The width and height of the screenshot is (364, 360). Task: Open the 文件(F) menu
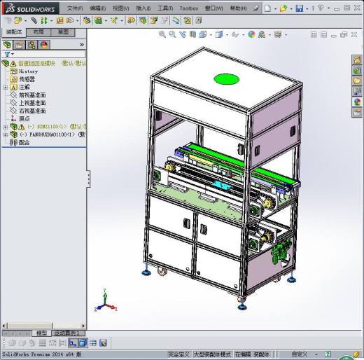[x=74, y=8]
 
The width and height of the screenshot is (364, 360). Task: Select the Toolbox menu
[x=188, y=8]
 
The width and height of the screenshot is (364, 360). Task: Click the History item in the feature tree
[x=28, y=71]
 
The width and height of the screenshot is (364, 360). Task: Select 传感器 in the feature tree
[x=27, y=79]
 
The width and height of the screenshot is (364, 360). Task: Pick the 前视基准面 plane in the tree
[x=31, y=95]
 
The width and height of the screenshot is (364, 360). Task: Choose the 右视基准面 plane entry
[x=31, y=111]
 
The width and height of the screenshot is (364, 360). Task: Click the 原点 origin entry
[x=24, y=118]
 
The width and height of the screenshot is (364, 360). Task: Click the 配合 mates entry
[x=24, y=142]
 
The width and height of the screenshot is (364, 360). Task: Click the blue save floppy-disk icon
[x=300, y=8]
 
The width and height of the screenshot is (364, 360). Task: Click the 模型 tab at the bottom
[x=42, y=333]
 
